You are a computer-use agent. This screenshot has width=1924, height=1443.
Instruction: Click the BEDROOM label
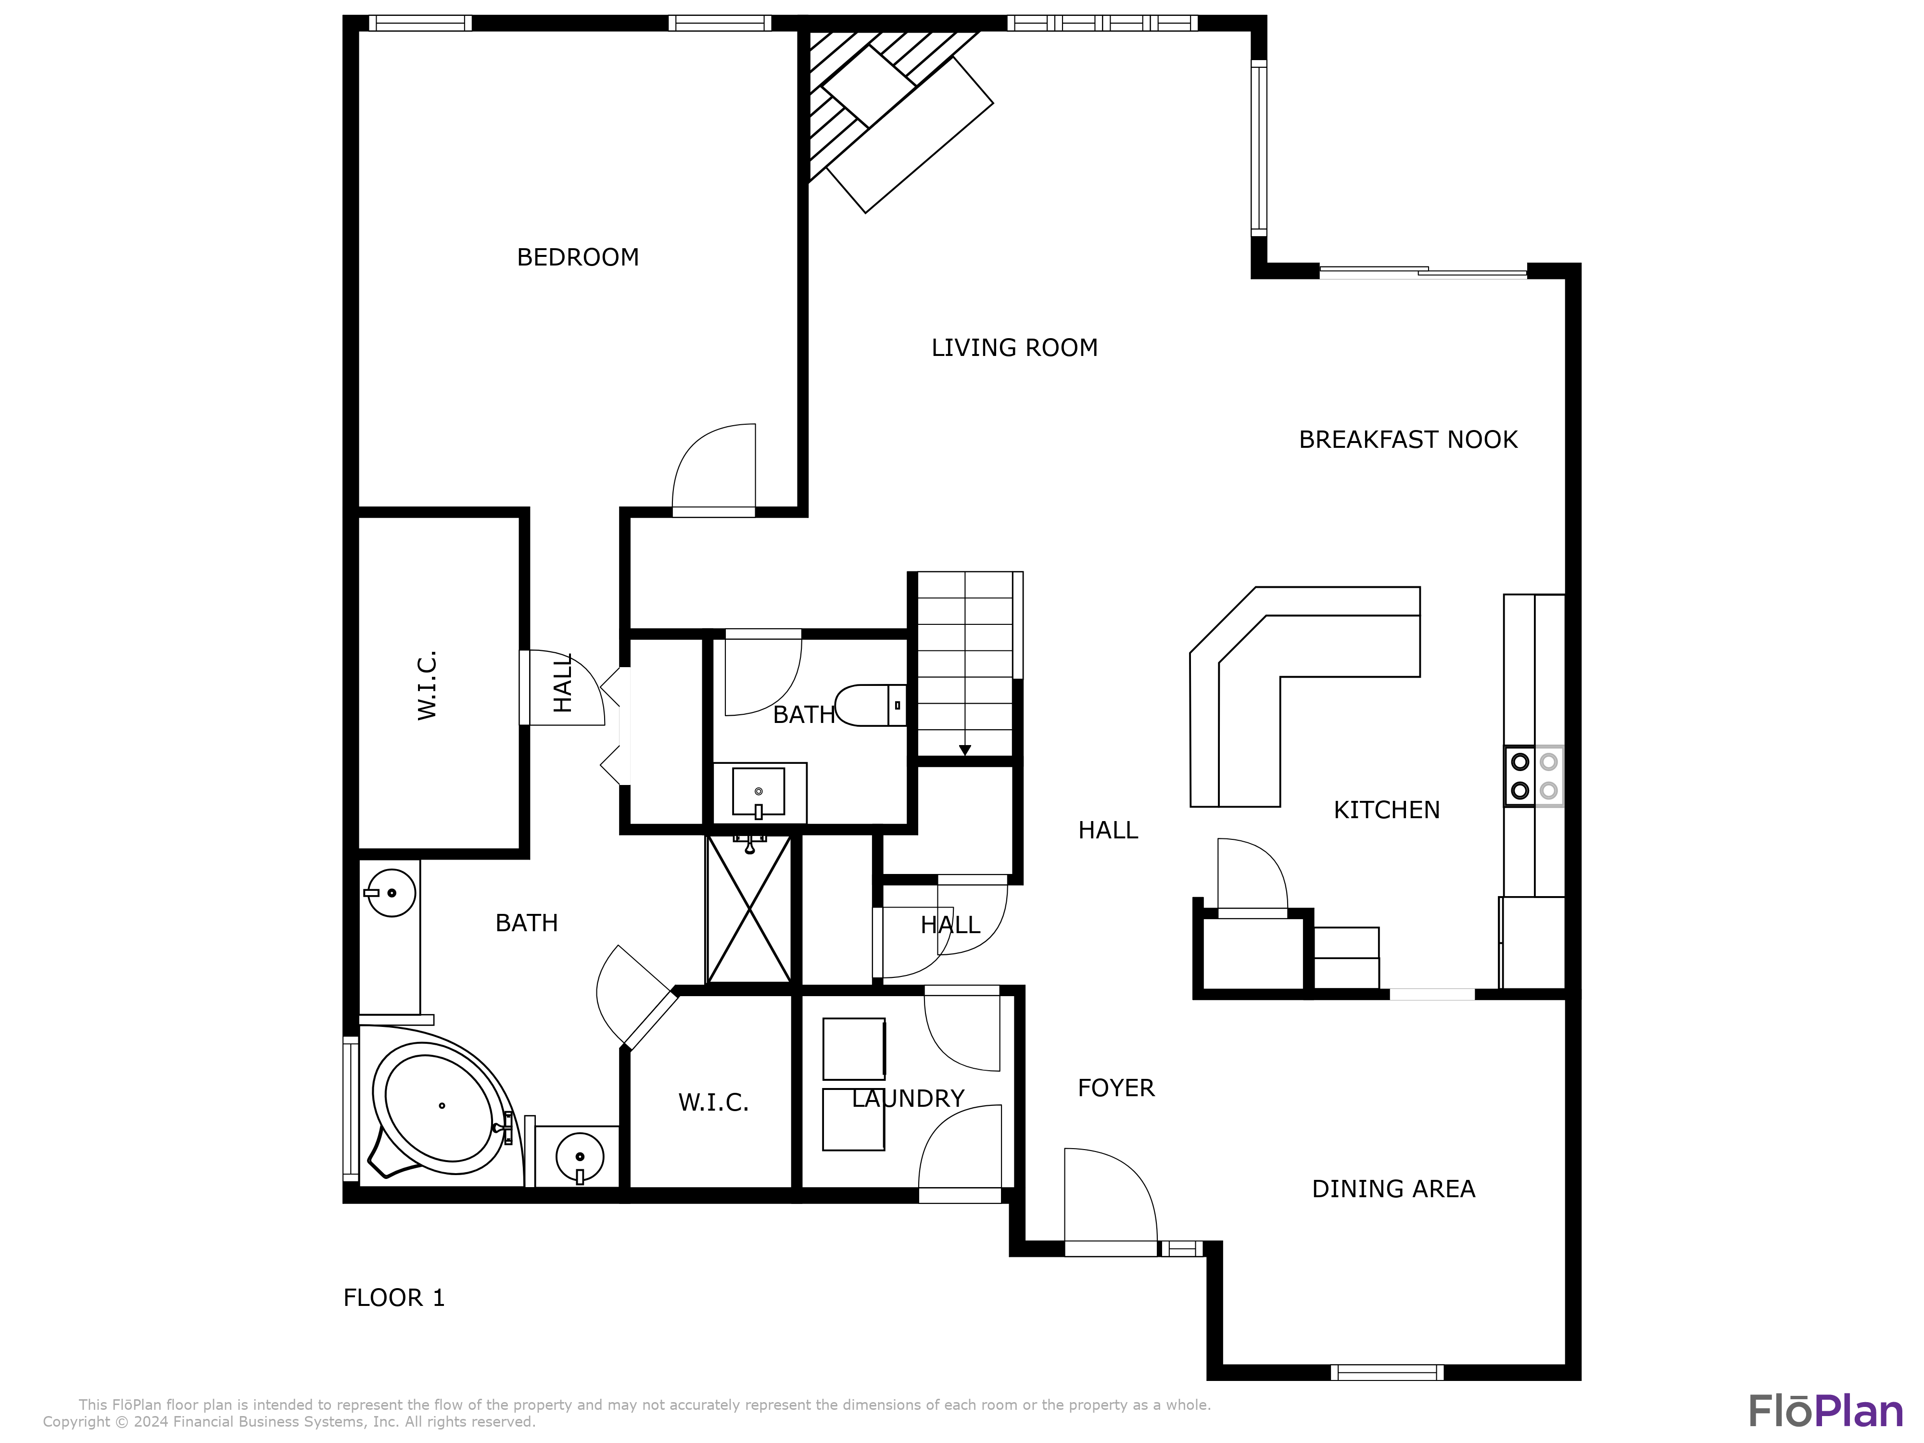point(578,257)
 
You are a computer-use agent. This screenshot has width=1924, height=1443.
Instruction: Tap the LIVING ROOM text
point(1014,348)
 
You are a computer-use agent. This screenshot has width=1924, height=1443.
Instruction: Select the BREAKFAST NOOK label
point(1407,440)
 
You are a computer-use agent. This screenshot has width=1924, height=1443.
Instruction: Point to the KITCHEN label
point(1386,810)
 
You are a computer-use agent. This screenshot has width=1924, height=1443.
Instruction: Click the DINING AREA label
point(1392,1189)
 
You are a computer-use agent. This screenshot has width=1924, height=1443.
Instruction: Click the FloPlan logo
point(1825,1411)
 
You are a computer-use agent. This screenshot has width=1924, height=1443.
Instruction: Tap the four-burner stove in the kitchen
point(1533,776)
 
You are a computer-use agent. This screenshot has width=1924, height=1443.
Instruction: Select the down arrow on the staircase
point(964,750)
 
